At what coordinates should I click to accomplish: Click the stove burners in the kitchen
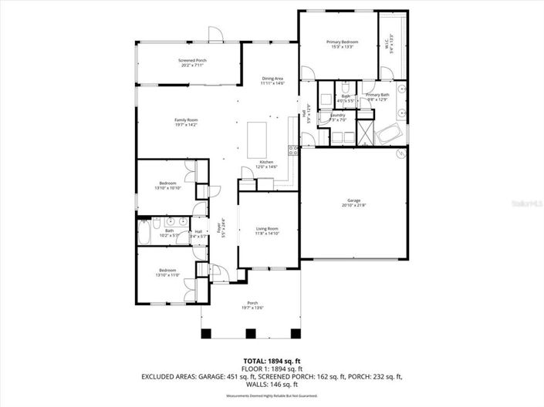(293, 149)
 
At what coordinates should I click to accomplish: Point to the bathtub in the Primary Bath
(388, 136)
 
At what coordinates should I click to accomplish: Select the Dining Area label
(273, 78)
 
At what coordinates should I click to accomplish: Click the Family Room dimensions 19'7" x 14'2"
(185, 125)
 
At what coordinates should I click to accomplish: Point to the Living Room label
(267, 229)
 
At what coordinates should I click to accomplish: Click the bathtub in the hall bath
(147, 230)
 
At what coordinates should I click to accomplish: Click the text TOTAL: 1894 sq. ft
(272, 361)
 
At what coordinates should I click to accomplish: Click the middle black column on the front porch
(250, 334)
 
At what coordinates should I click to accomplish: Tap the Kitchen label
(266, 162)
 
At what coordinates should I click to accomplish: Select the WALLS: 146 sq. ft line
(272, 384)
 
